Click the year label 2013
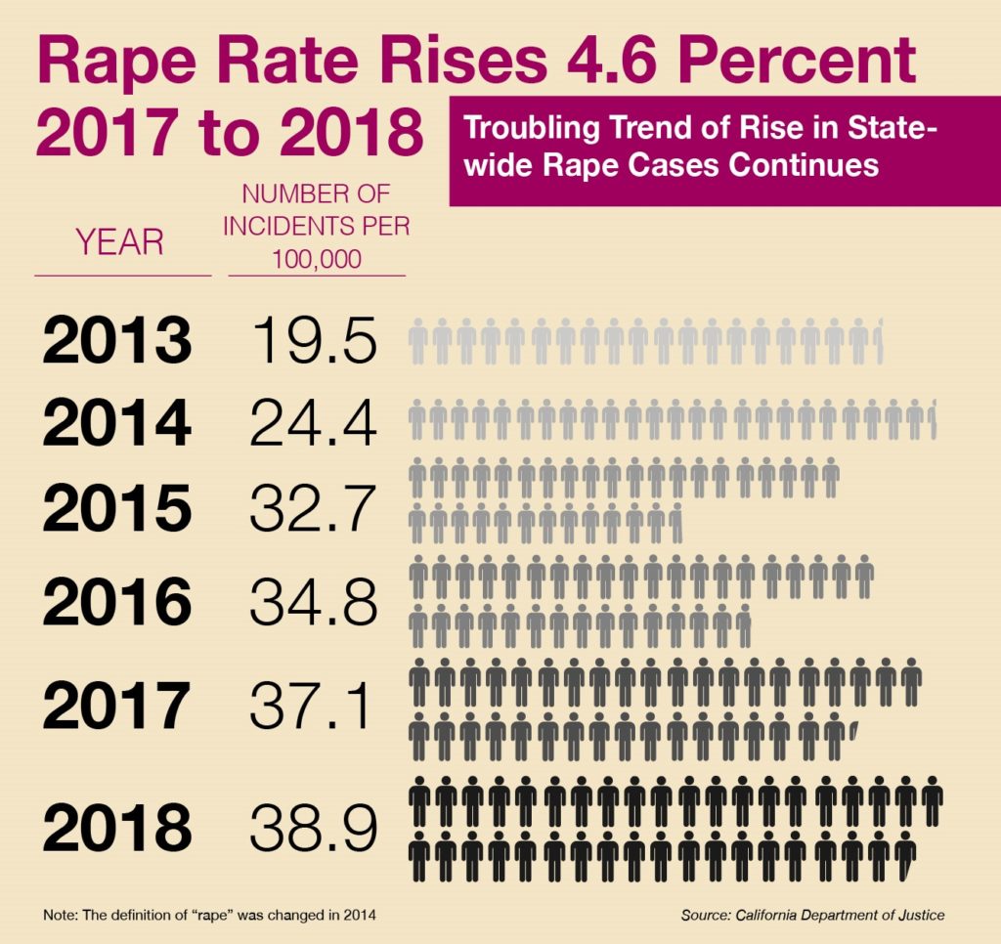pyautogui.click(x=116, y=340)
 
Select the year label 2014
pyautogui.click(x=116, y=422)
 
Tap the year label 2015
pyautogui.click(x=116, y=506)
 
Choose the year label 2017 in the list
pyautogui.click(x=116, y=705)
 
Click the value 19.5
pyautogui.click(x=313, y=340)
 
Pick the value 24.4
pyautogui.click(x=313, y=422)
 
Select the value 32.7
pyautogui.click(x=313, y=506)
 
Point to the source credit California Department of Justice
pyautogui.click(x=812, y=916)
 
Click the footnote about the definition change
pyautogui.click(x=209, y=916)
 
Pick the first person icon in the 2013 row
pyautogui.click(x=418, y=341)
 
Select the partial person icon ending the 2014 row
pyautogui.click(x=934, y=420)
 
